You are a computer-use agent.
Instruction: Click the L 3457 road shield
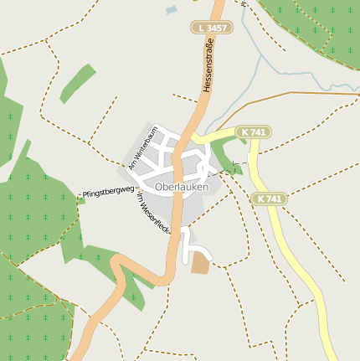pyautogui.click(x=212, y=28)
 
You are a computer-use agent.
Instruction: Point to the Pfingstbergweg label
pyautogui.click(x=108, y=193)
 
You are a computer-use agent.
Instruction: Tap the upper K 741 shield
pyautogui.click(x=253, y=132)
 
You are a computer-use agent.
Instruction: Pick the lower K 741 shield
pyautogui.click(x=269, y=199)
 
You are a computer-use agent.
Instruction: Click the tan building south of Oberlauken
pyautogui.click(x=200, y=263)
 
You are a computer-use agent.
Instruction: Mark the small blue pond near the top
pyautogui.click(x=172, y=10)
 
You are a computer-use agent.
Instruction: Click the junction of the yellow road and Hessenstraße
pyautogui.click(x=194, y=136)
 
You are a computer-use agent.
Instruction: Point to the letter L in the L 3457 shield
pyautogui.click(x=202, y=28)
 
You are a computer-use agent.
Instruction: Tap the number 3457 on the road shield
pyautogui.click(x=216, y=28)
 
